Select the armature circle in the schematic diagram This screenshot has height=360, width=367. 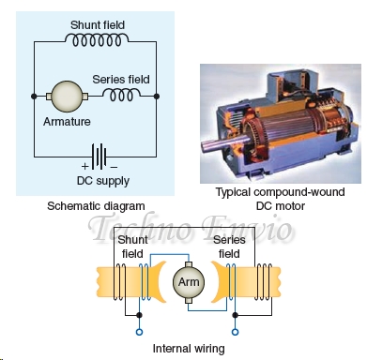point(67,96)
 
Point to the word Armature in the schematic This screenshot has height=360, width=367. point(67,122)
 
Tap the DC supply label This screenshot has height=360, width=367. point(99,180)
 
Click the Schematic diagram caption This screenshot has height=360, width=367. point(96,205)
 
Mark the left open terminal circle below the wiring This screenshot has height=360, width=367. point(139,331)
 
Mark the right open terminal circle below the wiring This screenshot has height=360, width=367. point(233,331)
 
